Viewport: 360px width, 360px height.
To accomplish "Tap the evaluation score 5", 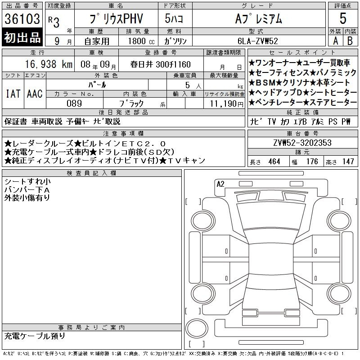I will [343, 19].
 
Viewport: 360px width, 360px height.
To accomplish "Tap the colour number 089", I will [74, 103].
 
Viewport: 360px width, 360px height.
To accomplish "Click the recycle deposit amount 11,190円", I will [223, 103].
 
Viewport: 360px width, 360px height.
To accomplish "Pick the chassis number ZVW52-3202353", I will [302, 143].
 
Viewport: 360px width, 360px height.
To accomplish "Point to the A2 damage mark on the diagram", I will [220, 184].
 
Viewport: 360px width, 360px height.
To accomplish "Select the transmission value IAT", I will [13, 94].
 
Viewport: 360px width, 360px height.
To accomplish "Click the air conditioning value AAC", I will [35, 94].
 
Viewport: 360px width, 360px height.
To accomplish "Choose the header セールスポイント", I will [302, 53].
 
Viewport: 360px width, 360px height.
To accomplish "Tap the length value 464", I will [274, 161].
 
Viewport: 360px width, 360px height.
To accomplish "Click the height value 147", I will [347, 161].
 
